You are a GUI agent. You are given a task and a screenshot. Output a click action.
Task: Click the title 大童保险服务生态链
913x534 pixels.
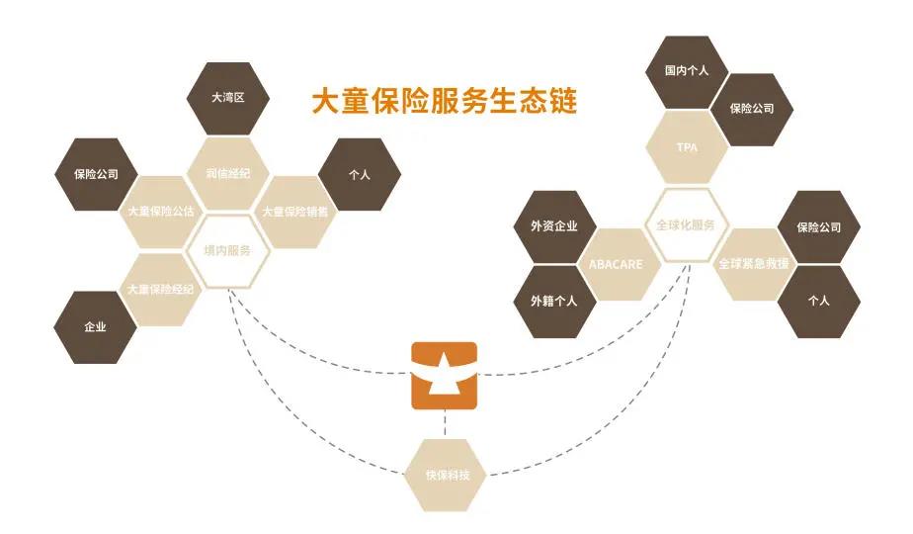click(444, 101)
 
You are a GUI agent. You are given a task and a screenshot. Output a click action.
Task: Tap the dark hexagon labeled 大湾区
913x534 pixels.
click(227, 99)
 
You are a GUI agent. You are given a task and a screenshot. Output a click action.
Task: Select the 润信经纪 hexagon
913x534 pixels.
click(227, 174)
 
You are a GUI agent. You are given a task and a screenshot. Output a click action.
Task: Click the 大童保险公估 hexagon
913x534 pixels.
click(161, 212)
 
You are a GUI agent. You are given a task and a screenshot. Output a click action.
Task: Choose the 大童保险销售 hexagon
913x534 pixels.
click(294, 212)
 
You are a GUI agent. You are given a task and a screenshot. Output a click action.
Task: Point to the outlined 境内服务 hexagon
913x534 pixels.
click(227, 250)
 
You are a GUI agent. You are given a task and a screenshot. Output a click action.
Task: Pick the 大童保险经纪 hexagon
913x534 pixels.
click(161, 289)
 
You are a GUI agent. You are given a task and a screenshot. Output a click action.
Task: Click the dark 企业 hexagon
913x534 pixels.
click(95, 327)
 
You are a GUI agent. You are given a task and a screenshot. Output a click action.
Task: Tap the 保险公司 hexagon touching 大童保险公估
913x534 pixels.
click(95, 174)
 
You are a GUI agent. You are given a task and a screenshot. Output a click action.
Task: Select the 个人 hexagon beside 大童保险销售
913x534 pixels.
click(360, 174)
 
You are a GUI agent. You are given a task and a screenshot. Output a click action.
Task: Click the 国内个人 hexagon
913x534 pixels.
click(687, 71)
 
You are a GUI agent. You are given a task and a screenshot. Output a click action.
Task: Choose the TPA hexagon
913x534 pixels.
click(687, 147)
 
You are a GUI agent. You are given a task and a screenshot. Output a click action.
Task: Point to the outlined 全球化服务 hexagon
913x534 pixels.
click(687, 224)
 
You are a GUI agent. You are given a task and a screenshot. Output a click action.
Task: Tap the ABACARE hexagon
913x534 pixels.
click(621, 264)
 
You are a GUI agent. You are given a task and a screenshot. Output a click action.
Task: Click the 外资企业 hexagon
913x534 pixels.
click(554, 225)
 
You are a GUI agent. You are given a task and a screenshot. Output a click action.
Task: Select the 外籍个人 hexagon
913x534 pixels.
click(554, 301)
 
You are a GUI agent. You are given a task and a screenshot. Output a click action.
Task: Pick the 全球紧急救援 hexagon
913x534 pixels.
click(753, 264)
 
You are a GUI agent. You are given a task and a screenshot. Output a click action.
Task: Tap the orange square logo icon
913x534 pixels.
click(444, 375)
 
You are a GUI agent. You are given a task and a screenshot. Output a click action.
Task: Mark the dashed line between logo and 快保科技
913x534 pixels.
click(445, 423)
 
